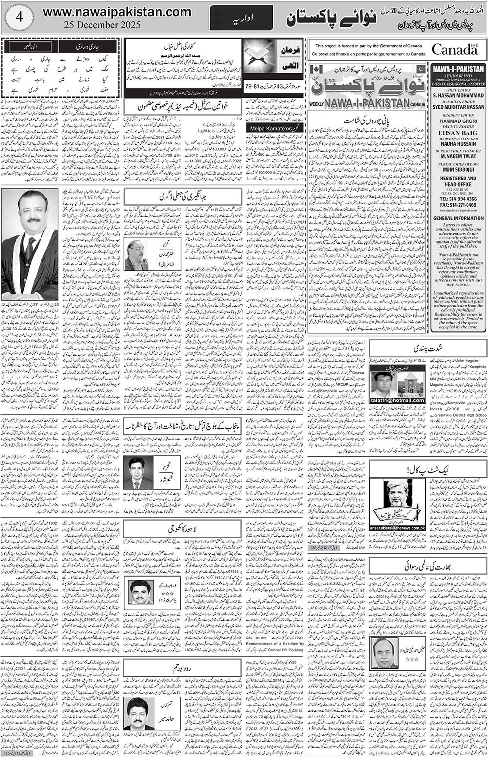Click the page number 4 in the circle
(18, 17)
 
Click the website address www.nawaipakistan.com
(117, 12)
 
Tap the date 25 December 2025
(105, 25)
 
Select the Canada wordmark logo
(454, 49)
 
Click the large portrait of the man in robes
(30, 244)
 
